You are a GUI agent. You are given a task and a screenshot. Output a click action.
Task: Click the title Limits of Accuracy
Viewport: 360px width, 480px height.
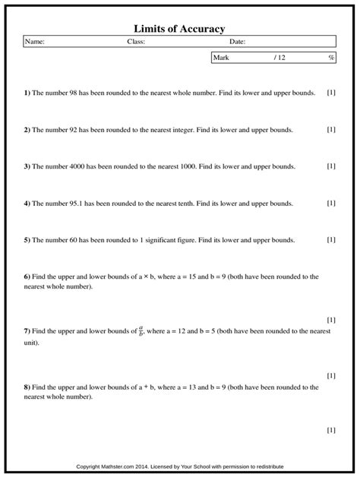180,28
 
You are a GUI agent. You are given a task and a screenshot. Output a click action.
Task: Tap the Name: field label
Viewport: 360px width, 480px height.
35,42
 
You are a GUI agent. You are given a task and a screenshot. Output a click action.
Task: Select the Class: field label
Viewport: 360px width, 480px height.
136,42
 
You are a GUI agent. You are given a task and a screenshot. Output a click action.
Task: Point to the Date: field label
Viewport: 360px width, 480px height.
237,42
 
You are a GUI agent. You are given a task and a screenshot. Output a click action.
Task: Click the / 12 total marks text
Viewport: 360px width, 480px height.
279,57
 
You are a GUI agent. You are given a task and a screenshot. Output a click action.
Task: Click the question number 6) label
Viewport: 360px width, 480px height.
27,276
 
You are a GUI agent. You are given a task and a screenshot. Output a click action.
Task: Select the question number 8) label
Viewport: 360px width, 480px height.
27,387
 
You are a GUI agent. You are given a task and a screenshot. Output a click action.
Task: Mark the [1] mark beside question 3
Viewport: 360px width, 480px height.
331,166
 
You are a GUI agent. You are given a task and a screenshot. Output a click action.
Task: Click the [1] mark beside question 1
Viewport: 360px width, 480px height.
331,93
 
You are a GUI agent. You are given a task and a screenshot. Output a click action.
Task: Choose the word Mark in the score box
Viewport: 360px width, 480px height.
222,57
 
